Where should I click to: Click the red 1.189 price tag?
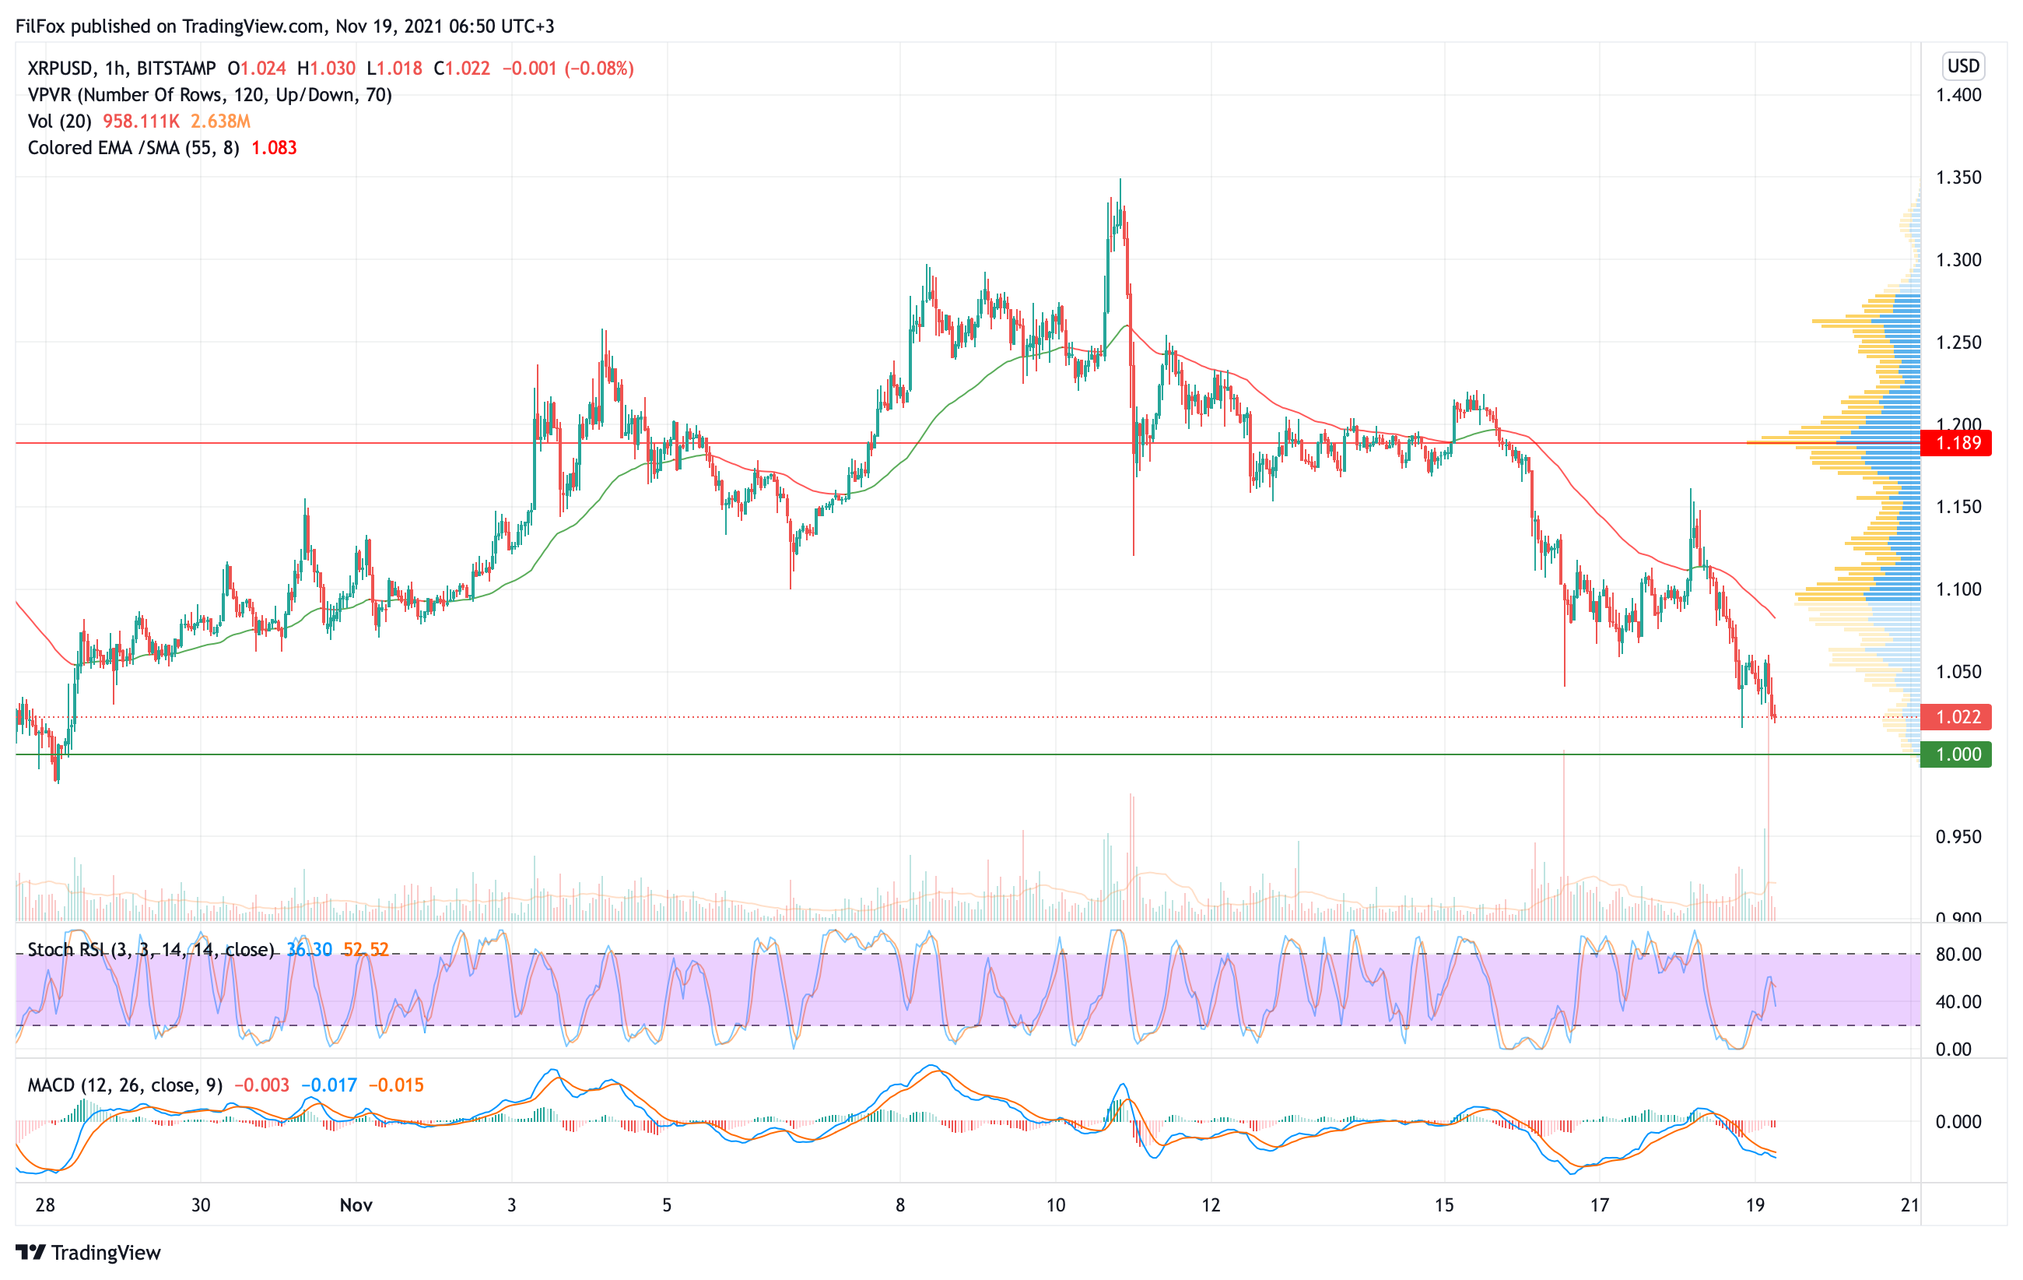click(1958, 443)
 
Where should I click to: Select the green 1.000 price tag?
click(1958, 754)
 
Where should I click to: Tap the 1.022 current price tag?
click(1958, 717)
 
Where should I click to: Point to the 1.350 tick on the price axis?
click(1958, 178)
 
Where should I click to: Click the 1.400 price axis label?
click(1958, 95)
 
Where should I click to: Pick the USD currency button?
click(1962, 65)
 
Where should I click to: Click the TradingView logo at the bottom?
click(88, 1252)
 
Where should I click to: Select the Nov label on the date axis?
click(356, 1205)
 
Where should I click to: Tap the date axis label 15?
click(1443, 1205)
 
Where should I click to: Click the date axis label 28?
click(45, 1205)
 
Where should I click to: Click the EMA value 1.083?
click(274, 148)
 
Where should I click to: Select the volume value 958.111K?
click(140, 121)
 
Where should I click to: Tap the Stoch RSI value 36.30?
click(309, 950)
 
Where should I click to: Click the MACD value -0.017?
click(329, 1085)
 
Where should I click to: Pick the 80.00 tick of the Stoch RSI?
click(1958, 954)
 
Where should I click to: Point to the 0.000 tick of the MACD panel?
click(1958, 1121)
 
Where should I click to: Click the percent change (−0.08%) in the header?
click(599, 68)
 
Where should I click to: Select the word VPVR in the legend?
click(50, 95)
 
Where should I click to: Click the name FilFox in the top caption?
click(40, 26)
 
